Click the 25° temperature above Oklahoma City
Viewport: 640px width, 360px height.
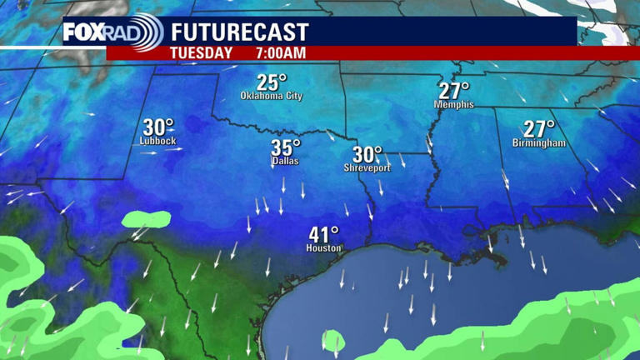[271, 82]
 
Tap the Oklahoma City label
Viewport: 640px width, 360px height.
[272, 96]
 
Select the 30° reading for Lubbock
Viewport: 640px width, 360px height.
[158, 127]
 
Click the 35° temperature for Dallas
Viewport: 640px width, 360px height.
[285, 148]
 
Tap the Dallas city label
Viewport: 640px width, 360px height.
[285, 162]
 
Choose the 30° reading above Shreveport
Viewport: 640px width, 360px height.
[367, 155]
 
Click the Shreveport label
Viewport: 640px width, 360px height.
[367, 168]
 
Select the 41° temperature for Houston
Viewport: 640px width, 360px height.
[323, 235]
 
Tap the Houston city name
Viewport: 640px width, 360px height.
[323, 248]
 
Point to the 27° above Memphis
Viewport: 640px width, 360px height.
[454, 90]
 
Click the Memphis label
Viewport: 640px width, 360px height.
[454, 105]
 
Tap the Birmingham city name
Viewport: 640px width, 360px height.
[539, 143]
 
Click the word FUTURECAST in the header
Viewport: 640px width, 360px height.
[240, 33]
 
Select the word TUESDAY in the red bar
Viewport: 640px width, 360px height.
[201, 52]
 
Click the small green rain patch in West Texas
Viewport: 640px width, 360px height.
[146, 220]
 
